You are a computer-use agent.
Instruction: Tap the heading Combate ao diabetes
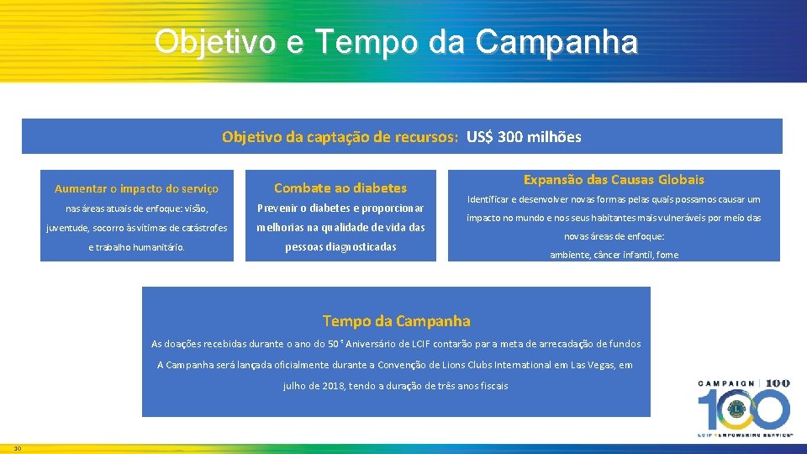pyautogui.click(x=340, y=188)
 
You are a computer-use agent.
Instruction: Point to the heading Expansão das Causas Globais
pyautogui.click(x=614, y=179)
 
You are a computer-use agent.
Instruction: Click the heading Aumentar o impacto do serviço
pyautogui.click(x=136, y=188)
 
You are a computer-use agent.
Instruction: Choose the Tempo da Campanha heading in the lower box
pyautogui.click(x=397, y=320)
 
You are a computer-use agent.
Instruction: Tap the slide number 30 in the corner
pyautogui.click(x=17, y=447)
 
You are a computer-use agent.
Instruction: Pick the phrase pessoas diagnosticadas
pyautogui.click(x=340, y=247)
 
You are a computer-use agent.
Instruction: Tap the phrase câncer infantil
pyautogui.click(x=619, y=255)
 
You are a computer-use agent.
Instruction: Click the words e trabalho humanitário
pyautogui.click(x=136, y=247)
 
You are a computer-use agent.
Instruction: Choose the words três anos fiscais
pyautogui.click(x=469, y=386)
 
